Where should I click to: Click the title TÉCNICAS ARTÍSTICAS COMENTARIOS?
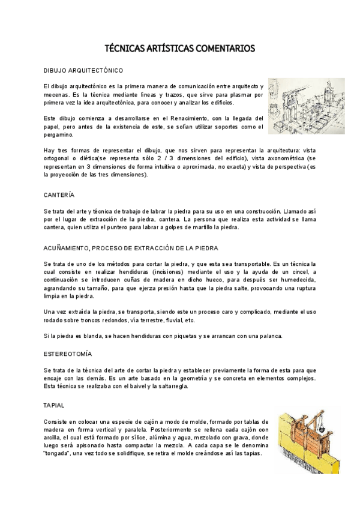(180, 48)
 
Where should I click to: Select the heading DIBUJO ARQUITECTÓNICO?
(83, 70)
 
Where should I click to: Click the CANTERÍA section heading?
(59, 195)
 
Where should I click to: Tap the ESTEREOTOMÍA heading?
(68, 354)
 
